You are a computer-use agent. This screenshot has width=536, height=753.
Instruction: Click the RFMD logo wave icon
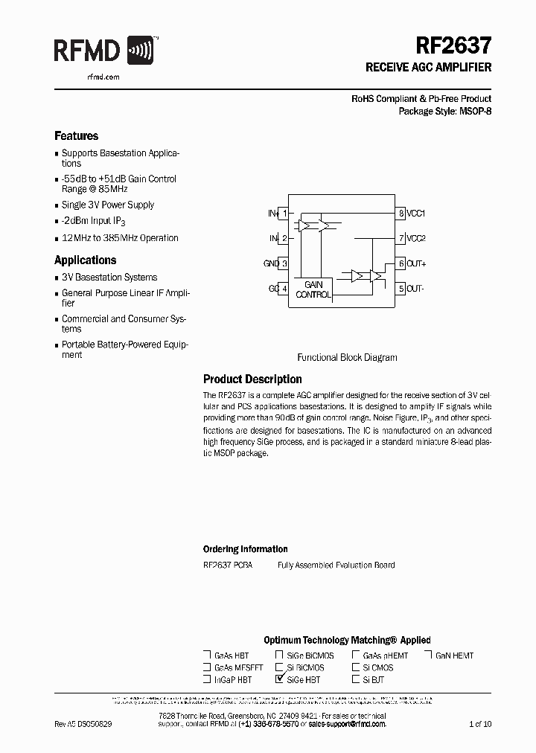pyautogui.click(x=141, y=51)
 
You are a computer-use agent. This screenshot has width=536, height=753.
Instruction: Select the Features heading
pyautogui.click(x=76, y=136)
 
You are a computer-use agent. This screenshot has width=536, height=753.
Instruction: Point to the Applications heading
pyautogui.click(x=85, y=260)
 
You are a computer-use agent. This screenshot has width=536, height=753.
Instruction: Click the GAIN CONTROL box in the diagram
pyautogui.click(x=313, y=289)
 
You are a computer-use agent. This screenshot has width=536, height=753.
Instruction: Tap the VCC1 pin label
pyautogui.click(x=415, y=214)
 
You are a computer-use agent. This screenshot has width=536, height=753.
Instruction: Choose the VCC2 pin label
pyautogui.click(x=415, y=239)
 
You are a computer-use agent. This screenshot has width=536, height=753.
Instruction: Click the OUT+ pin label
pyautogui.click(x=415, y=263)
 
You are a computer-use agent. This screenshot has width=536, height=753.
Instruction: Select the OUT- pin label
pyautogui.click(x=415, y=289)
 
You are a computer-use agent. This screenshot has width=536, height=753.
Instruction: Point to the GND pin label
pyautogui.click(x=271, y=263)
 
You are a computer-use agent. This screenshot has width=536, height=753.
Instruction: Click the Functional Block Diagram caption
pyautogui.click(x=347, y=357)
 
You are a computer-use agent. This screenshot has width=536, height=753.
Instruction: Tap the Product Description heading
pyautogui.click(x=252, y=379)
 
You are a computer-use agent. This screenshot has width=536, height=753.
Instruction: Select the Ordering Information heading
pyautogui.click(x=245, y=549)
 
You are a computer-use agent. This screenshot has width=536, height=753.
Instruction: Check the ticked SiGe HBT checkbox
pyautogui.click(x=279, y=679)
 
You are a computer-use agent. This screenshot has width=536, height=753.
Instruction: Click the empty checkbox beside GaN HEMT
pyautogui.click(x=429, y=655)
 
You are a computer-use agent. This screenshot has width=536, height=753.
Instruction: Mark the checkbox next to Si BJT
pyautogui.click(x=356, y=679)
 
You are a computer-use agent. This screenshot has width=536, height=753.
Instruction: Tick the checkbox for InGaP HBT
pyautogui.click(x=207, y=679)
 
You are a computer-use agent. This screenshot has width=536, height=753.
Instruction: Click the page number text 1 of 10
pyautogui.click(x=480, y=724)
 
